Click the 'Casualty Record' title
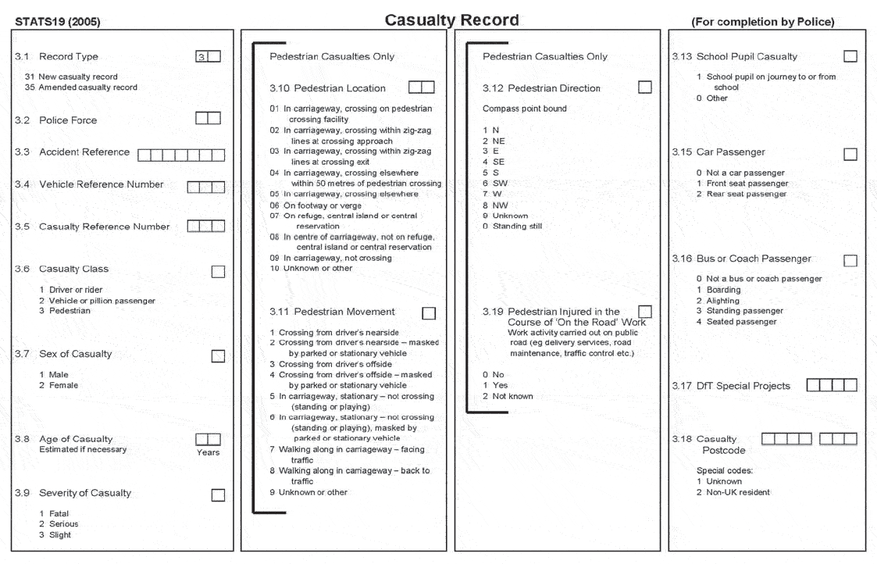point(451,20)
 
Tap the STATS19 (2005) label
point(57,22)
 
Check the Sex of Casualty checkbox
point(218,355)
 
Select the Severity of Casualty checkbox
point(218,494)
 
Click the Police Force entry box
point(208,119)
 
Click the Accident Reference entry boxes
point(180,155)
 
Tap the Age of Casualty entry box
point(208,440)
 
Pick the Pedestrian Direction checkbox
point(644,87)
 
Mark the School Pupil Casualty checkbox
point(850,56)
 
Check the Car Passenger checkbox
point(850,154)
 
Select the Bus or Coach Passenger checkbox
point(850,260)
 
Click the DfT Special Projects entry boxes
point(831,385)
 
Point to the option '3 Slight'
point(55,535)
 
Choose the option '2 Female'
point(59,385)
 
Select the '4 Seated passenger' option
point(736,322)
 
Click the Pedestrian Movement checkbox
point(429,313)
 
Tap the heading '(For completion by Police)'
point(762,22)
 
